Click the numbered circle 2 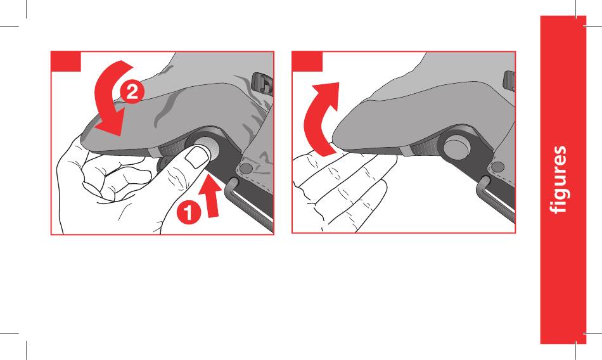click(132, 92)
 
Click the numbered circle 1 click(188, 212)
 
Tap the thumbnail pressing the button click(196, 158)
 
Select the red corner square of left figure click(66, 61)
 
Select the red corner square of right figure click(307, 61)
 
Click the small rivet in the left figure click(245, 168)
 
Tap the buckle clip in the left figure click(262, 84)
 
